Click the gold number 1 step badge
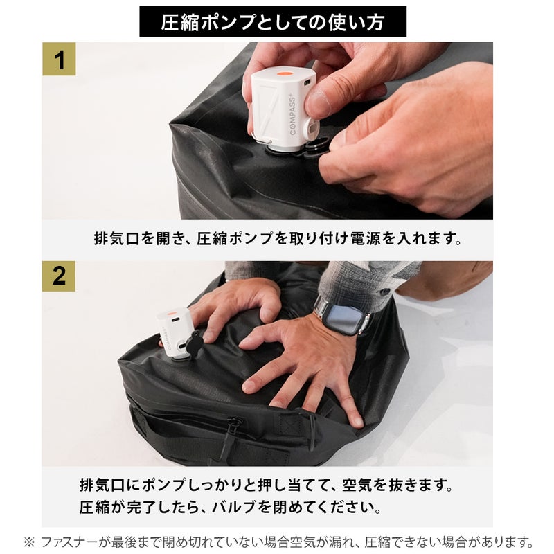pos(59,59)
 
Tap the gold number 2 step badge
pos(59,276)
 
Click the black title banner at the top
pos(273,21)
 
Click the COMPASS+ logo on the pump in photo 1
pos(294,114)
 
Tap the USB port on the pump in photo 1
pos(307,82)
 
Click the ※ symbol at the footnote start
pos(29,542)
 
